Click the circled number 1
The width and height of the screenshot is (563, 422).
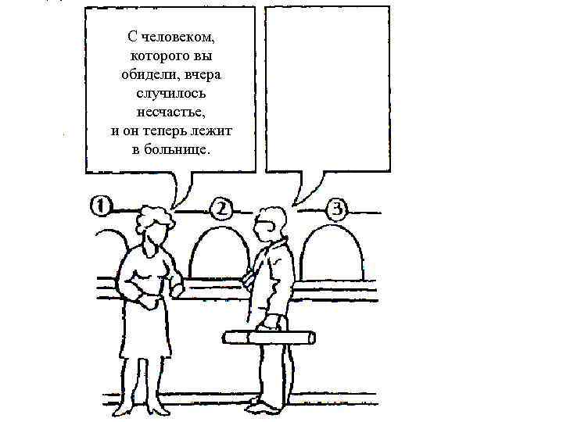[100, 207]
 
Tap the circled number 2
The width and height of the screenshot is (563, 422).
[221, 209]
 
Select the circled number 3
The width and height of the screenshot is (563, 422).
[337, 209]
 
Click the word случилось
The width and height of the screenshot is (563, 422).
[171, 92]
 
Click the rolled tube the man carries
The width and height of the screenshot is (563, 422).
[270, 337]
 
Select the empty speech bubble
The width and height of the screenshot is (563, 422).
[328, 90]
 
